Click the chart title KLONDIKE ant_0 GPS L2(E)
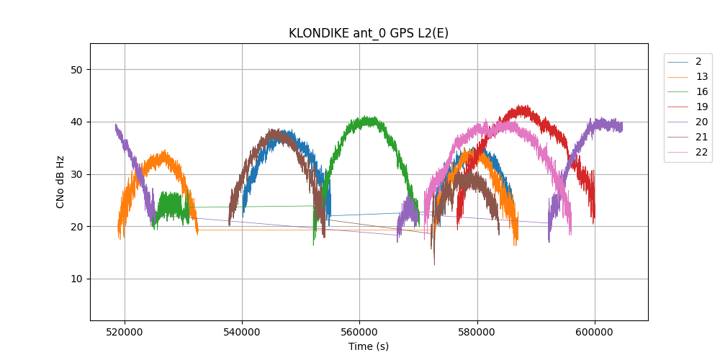click(x=369, y=33)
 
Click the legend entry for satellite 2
click(x=698, y=62)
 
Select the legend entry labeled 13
click(x=701, y=77)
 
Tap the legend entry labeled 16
click(x=701, y=92)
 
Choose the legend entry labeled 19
click(x=701, y=107)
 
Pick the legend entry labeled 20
click(x=701, y=122)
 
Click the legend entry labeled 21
click(x=701, y=138)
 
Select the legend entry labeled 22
click(x=701, y=153)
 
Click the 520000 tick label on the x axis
click(x=125, y=332)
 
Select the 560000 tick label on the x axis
click(x=360, y=332)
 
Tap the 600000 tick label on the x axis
click(x=595, y=332)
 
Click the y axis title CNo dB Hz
click(x=60, y=181)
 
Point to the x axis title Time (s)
click(x=369, y=346)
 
